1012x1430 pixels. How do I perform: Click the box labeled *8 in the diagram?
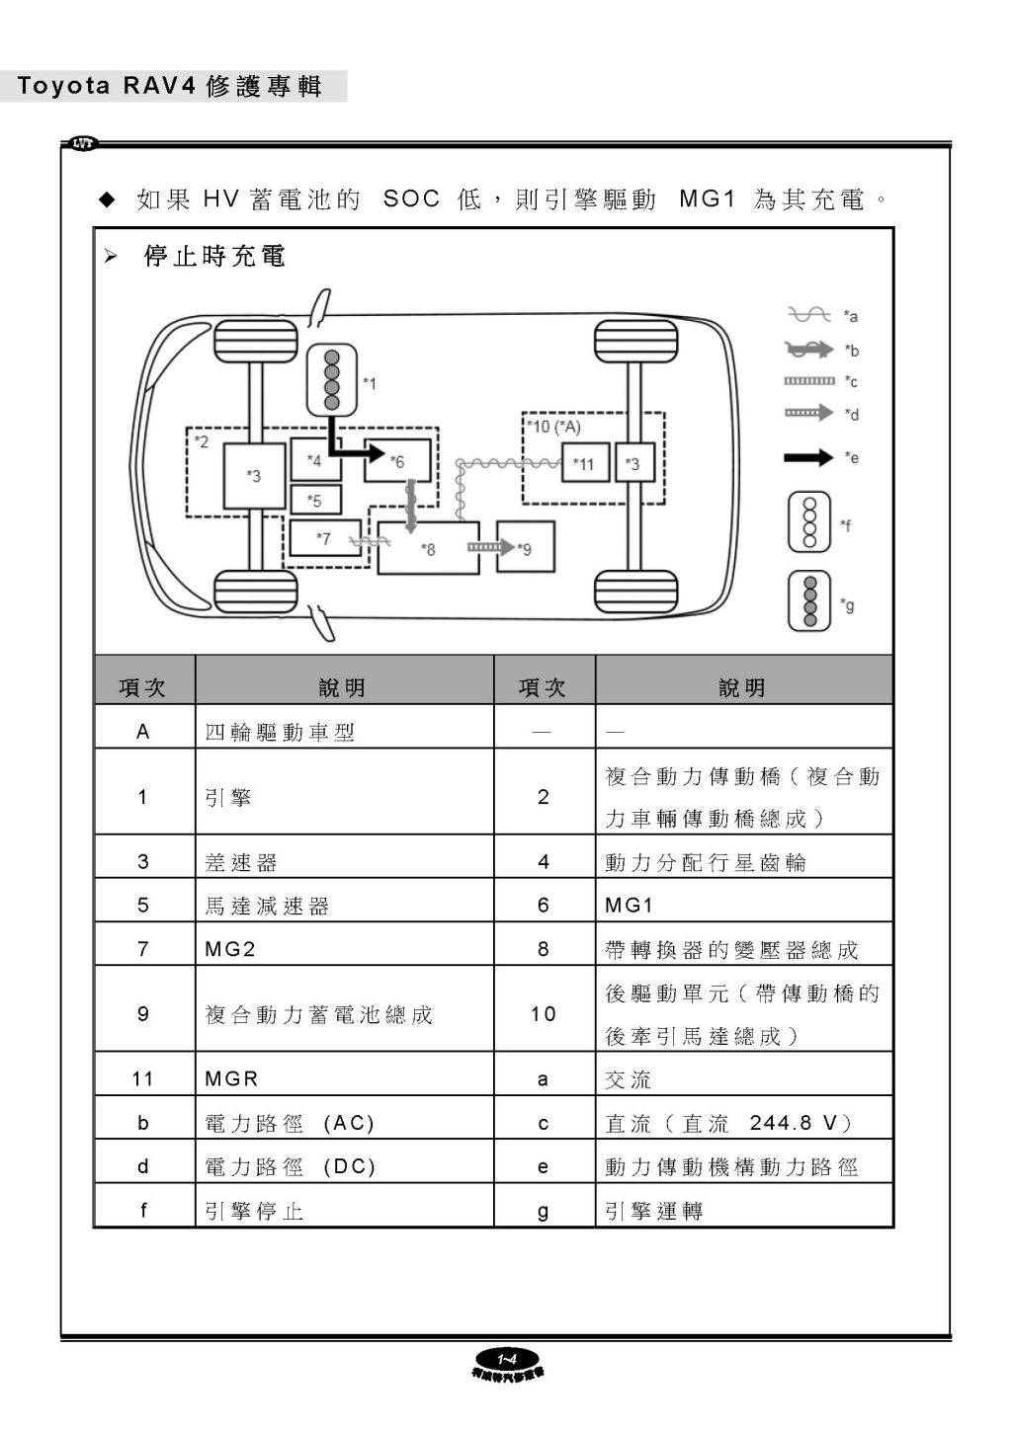428,548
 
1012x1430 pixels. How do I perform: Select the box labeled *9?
525,547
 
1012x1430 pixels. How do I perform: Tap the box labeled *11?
584,462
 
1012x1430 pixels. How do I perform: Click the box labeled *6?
397,460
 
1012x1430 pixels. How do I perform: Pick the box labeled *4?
315,460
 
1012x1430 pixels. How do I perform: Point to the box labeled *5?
315,500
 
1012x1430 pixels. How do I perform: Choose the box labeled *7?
323,538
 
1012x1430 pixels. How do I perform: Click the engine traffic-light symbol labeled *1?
333,380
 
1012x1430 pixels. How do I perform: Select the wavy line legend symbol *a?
808,314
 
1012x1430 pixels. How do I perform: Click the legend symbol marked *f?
809,522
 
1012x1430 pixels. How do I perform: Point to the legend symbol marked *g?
809,601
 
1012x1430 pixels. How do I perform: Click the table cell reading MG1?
742,905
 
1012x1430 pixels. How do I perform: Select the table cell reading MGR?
343,1078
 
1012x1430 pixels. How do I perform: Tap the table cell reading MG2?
343,949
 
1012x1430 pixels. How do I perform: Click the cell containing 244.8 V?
742,1123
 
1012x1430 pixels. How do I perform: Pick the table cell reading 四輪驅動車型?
343,732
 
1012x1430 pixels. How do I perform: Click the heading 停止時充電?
213,257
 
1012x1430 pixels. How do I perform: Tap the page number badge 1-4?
507,1357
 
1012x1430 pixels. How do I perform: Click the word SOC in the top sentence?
411,199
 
